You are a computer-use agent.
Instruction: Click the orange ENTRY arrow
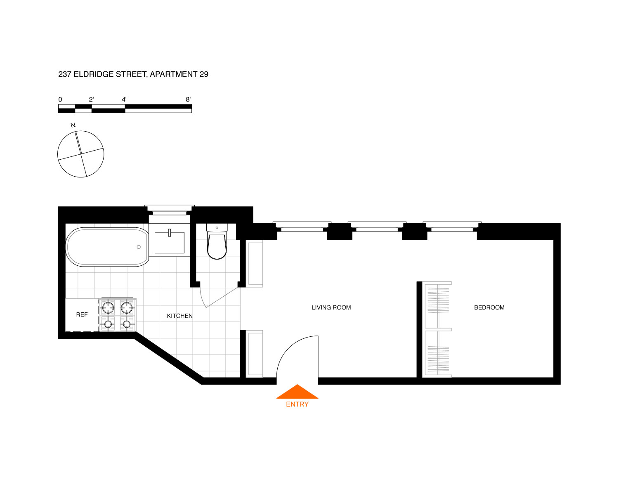[297, 392]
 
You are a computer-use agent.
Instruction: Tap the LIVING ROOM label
[331, 307]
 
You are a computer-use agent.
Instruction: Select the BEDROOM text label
[489, 307]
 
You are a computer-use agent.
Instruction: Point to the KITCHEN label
[180, 316]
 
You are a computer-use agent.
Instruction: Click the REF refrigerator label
[82, 314]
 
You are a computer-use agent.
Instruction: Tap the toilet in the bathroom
[217, 245]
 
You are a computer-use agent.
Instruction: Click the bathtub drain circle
[139, 247]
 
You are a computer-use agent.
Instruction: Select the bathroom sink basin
[169, 242]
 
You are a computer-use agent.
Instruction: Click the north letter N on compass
[73, 125]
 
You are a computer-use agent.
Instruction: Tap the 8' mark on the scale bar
[188, 99]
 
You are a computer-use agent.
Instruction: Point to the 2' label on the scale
[91, 99]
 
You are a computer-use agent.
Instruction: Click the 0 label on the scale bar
[60, 99]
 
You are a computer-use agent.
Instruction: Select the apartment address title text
[133, 74]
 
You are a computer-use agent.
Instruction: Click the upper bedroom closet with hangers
[437, 305]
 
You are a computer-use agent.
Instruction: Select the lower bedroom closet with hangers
[437, 353]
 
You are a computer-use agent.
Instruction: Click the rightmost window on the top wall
[452, 226]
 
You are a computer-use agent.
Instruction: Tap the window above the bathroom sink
[169, 210]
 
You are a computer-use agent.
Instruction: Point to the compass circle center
[80, 154]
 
